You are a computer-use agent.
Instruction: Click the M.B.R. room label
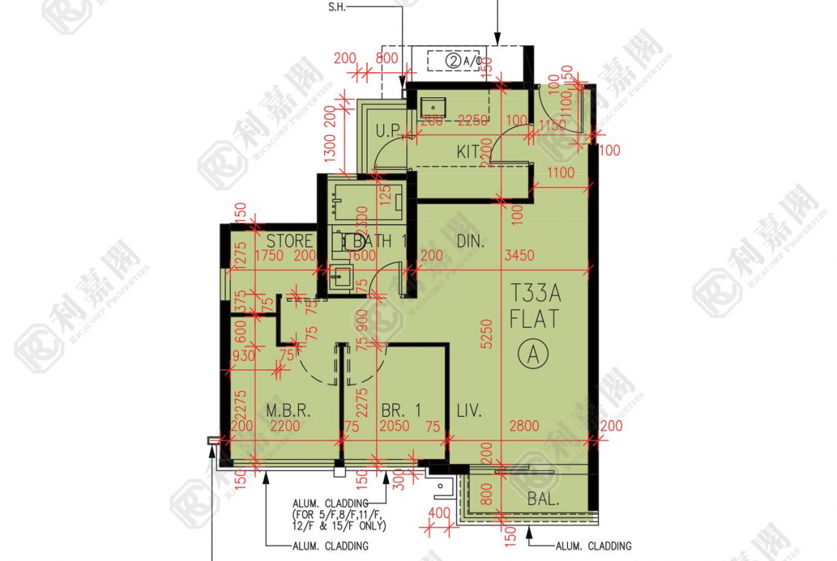point(287,411)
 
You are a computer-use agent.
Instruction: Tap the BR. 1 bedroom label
point(401,410)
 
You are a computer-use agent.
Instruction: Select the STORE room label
point(290,242)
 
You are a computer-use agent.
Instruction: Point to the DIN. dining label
point(470,242)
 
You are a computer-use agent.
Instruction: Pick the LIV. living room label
point(469,411)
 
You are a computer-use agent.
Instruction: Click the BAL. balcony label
point(544,499)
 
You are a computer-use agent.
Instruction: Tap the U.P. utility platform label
point(388,131)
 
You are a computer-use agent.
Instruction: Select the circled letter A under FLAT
point(534,353)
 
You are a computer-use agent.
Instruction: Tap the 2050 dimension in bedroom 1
point(394,427)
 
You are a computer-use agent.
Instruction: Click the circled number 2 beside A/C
point(454,61)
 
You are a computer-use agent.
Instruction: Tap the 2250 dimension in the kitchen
point(473,121)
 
